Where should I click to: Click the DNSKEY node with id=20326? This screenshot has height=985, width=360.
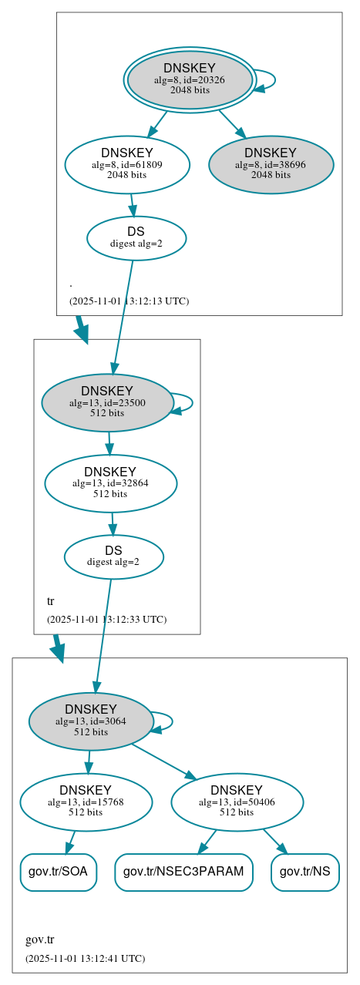point(190,79)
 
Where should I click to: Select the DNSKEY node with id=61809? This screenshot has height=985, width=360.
point(127,164)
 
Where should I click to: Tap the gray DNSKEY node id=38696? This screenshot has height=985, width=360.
point(271,164)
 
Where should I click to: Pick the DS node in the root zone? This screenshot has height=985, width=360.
point(136,237)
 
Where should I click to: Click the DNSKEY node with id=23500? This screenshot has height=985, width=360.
point(107,402)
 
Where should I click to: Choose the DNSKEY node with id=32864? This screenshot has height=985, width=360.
point(110,483)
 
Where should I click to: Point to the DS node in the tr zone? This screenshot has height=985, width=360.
point(113,556)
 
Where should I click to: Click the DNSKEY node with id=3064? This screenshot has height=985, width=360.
point(91,721)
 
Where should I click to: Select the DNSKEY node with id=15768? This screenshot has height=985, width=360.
point(86,802)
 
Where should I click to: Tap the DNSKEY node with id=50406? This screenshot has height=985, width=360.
point(237,802)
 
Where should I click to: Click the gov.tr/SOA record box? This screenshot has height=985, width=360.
point(58,872)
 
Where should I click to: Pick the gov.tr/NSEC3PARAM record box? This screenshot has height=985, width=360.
point(183,872)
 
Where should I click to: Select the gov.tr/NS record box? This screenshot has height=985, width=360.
point(304,872)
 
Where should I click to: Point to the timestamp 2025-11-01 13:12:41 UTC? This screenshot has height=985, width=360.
point(85,959)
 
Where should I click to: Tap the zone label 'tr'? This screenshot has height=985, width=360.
point(51,601)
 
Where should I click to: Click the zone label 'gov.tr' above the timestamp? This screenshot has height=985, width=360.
point(39,940)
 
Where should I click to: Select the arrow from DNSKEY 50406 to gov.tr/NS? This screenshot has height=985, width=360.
point(274,841)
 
